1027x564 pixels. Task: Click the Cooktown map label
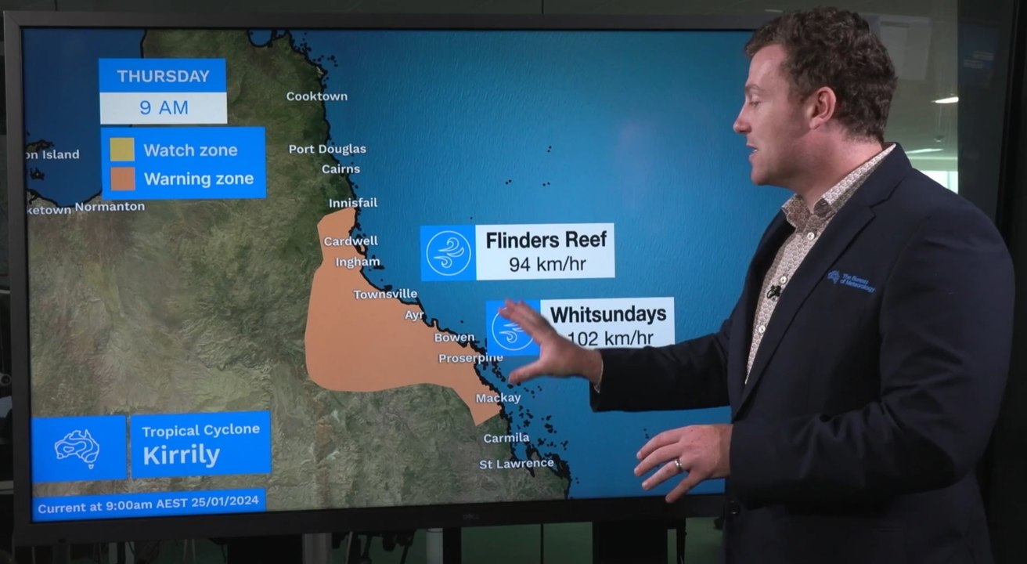316,96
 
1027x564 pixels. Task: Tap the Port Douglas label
327,149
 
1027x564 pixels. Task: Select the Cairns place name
341,168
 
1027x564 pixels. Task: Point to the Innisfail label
352,203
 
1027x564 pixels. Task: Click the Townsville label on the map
385,295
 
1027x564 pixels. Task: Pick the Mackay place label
498,398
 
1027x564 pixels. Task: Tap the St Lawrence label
516,464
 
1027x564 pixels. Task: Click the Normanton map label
110,207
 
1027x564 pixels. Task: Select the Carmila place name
506,438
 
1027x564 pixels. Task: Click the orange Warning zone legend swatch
122,178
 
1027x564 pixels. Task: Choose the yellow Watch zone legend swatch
122,150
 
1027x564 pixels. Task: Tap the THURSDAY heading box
163,76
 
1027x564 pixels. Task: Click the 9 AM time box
164,108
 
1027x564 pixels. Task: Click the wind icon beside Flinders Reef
448,253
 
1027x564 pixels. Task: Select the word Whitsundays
607,315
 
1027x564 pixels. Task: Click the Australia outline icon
77,449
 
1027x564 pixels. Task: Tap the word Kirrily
181,455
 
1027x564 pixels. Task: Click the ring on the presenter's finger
678,465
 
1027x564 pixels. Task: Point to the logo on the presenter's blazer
850,280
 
